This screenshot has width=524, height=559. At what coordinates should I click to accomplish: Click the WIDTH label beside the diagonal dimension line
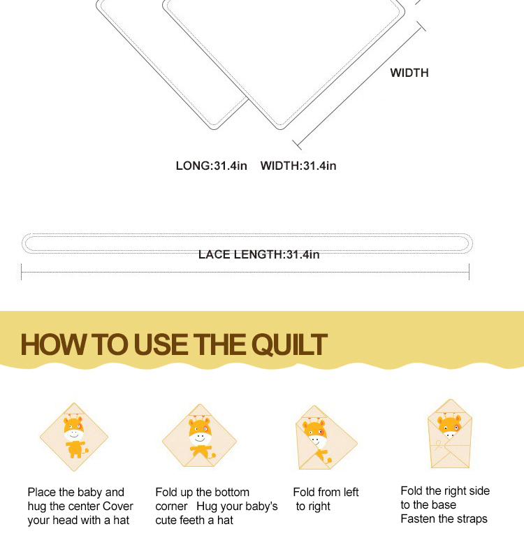409,73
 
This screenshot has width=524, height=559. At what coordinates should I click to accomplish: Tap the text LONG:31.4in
212,166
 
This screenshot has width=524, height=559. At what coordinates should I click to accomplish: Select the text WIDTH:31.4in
298,166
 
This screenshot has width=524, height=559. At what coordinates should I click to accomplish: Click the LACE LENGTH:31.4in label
259,254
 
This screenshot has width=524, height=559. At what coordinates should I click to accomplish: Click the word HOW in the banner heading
54,344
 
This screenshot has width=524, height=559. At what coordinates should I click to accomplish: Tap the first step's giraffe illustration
74,437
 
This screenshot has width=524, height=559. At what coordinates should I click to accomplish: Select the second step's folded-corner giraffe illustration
199,435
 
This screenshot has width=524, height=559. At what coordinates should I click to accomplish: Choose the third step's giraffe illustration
326,438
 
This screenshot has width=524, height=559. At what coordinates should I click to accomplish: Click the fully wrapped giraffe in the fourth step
450,434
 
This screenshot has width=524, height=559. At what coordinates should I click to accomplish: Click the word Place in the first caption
42,492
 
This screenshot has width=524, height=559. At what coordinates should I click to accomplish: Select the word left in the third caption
351,492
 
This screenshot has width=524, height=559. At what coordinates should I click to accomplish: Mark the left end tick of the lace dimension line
22,272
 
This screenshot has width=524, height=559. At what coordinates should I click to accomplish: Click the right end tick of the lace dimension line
469,272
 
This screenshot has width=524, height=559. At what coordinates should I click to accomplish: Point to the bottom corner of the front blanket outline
280,129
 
